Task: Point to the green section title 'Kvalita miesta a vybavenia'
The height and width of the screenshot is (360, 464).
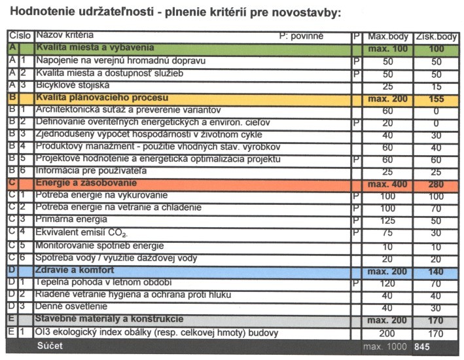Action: pos(96,48)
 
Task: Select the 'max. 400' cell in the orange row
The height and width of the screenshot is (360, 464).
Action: pos(387,185)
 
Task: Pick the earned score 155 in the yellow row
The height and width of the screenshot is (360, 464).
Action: pos(436,98)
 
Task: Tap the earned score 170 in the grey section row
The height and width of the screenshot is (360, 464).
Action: pos(436,320)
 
